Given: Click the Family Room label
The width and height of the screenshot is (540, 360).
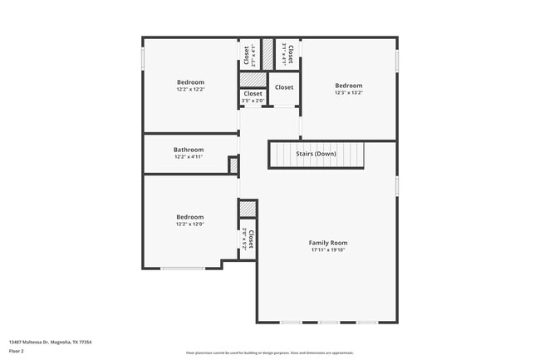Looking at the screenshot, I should point(327,242).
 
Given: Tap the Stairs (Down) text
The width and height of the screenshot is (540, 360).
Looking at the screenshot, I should point(316,154).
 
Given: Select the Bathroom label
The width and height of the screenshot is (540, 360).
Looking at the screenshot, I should point(189,150).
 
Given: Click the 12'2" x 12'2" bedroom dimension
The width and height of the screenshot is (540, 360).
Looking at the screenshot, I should point(189,89).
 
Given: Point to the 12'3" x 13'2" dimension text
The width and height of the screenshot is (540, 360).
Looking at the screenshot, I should point(348,92).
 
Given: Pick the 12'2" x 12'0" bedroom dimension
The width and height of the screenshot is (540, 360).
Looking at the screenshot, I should point(189,224).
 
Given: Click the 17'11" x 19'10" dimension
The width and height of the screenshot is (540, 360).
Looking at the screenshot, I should point(327,249).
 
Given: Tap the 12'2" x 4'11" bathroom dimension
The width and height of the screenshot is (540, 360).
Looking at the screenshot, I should point(189,156).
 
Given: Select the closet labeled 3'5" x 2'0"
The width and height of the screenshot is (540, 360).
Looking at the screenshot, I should point(253,97).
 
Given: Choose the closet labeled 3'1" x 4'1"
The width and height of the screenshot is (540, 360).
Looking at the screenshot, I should point(287,54).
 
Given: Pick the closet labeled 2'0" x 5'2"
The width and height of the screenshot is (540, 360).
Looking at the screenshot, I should point(248,239).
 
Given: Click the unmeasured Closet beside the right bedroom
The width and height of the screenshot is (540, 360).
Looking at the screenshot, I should point(284,87).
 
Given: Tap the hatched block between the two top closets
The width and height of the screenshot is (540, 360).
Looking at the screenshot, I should point(268,54).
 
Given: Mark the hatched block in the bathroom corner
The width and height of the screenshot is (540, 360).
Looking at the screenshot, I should point(233,165).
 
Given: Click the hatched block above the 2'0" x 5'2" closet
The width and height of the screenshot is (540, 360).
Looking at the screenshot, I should point(248,208).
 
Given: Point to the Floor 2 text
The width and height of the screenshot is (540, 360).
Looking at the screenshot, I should point(17,351).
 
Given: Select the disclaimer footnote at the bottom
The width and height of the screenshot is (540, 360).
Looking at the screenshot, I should point(269,353).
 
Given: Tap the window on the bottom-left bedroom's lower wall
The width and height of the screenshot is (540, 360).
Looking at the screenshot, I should point(183,268).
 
